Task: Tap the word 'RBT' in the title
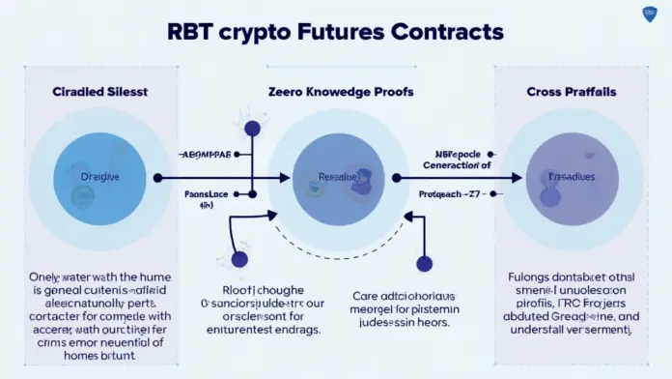[192, 32]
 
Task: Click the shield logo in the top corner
[649, 14]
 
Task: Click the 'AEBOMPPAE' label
[207, 155]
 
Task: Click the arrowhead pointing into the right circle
[518, 178]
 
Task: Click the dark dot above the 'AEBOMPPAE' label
[253, 128]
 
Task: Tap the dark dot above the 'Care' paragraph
[423, 262]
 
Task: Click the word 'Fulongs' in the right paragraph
[531, 277]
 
